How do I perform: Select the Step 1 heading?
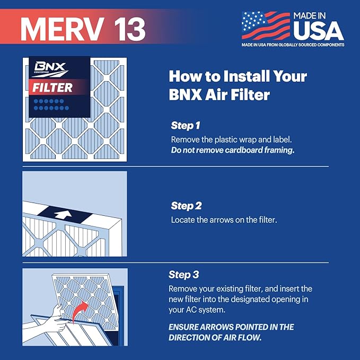[x=186, y=126]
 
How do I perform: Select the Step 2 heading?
[x=186, y=205]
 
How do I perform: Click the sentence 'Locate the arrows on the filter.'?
[x=223, y=219]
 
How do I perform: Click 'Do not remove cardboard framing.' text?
[x=232, y=150]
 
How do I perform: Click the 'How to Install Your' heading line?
[x=238, y=76]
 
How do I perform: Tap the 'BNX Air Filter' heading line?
[x=220, y=96]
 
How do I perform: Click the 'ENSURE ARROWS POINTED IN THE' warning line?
[x=231, y=327]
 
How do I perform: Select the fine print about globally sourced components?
[x=293, y=45]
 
